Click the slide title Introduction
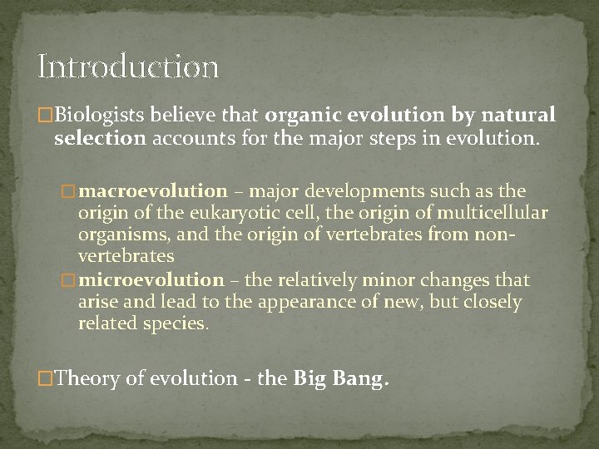[x=128, y=67]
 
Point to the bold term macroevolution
[x=155, y=192]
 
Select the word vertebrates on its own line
[x=126, y=257]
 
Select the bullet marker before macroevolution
[x=71, y=193]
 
